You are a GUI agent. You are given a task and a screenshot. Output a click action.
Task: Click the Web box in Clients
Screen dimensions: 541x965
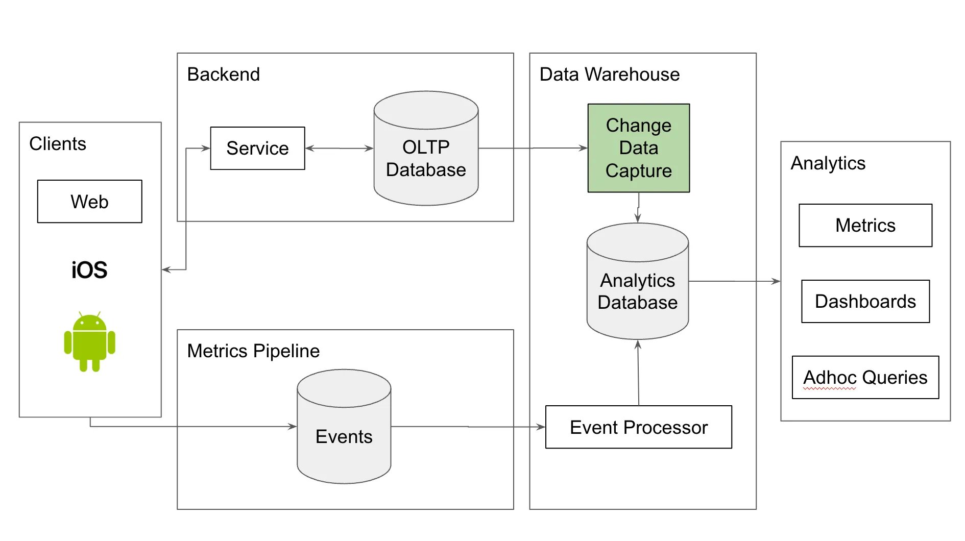89,202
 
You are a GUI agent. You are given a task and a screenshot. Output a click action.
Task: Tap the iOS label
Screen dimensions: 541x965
89,270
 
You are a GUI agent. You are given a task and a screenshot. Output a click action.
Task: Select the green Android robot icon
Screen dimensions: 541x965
89,342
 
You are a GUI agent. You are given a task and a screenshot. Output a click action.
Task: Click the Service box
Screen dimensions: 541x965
257,149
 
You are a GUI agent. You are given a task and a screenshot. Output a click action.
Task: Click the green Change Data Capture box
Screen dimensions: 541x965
638,148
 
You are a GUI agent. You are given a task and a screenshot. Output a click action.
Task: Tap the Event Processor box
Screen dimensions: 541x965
638,427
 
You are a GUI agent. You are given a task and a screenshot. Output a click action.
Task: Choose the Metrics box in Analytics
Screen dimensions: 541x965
865,226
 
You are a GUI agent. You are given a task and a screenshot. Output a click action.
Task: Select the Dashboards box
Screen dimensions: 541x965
865,301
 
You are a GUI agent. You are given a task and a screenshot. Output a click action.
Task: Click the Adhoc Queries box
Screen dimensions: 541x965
865,378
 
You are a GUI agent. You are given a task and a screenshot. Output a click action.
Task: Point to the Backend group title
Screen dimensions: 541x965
223,75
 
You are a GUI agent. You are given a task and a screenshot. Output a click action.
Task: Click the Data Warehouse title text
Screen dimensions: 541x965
609,75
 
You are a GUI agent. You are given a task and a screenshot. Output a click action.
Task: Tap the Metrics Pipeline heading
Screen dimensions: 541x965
253,351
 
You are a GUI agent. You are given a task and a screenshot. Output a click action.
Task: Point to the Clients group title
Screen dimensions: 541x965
57,144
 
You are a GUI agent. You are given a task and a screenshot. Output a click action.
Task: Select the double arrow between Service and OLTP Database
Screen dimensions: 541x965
339,149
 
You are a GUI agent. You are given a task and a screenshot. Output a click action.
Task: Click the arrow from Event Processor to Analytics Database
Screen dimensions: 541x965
638,373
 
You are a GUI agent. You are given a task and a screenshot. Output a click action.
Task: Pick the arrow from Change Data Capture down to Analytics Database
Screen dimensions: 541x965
638,208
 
